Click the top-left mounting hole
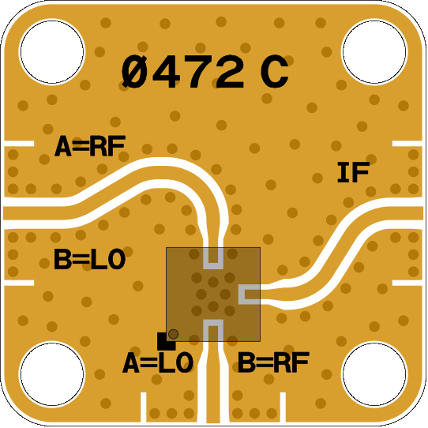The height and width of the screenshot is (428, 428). tap(52, 52)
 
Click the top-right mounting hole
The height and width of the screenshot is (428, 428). tap(374, 52)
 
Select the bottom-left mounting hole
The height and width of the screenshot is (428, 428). tap(52, 374)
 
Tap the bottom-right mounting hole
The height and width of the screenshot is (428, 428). tap(374, 374)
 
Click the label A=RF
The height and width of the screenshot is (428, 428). tap(90, 146)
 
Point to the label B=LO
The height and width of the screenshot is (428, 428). tap(90, 259)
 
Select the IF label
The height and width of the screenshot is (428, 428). tap(354, 172)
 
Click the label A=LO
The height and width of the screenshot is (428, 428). tap(158, 362)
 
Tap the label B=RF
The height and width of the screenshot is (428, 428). tap(273, 362)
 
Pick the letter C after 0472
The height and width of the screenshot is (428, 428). tap(274, 72)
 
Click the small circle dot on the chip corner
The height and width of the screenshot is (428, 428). tap(173, 334)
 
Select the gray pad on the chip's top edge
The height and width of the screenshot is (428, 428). tap(213, 258)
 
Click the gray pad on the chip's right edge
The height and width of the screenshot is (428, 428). tap(250, 295)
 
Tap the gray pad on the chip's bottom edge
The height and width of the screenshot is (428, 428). tap(213, 330)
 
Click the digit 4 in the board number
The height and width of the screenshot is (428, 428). tap(166, 72)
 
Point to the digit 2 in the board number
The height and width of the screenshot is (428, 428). tap(230, 72)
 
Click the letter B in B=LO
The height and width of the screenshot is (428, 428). tap(62, 259)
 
